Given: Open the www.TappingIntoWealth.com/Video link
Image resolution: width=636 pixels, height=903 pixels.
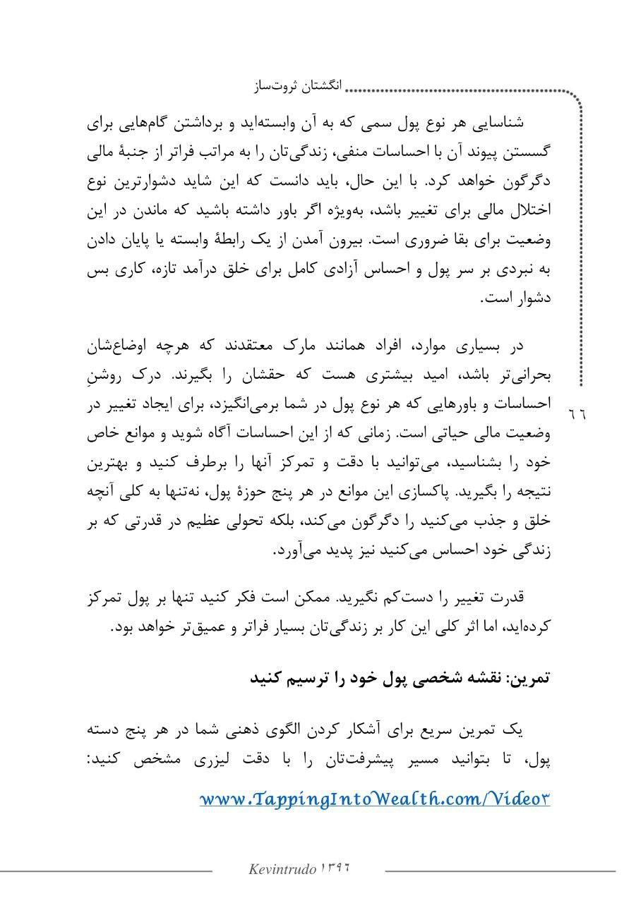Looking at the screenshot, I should point(374,799).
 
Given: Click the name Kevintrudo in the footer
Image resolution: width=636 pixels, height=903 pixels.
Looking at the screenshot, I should point(282,869).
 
